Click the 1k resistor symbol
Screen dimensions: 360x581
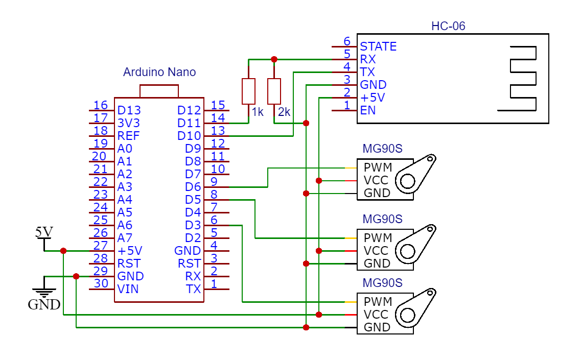[x=248, y=91]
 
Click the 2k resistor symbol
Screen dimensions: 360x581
[x=274, y=91]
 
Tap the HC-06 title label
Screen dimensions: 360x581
[x=448, y=26]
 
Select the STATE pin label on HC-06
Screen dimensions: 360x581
[x=378, y=46]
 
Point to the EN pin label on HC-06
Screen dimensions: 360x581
[x=368, y=110]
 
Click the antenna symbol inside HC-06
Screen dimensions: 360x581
[x=518, y=78]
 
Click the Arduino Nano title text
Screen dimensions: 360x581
[x=159, y=72]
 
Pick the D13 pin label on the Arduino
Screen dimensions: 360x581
[x=129, y=110]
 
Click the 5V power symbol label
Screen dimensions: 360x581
[x=44, y=232]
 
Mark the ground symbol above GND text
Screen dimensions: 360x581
[x=44, y=292]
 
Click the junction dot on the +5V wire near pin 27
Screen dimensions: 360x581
[x=63, y=251]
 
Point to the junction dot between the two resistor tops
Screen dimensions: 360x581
[x=274, y=59]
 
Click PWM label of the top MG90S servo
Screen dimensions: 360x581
[x=378, y=167]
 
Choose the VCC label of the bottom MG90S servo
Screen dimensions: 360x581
[x=376, y=315]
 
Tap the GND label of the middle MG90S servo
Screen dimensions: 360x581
[x=377, y=263]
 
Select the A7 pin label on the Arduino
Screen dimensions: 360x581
[x=125, y=238]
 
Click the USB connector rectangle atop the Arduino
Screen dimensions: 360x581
[x=159, y=91]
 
